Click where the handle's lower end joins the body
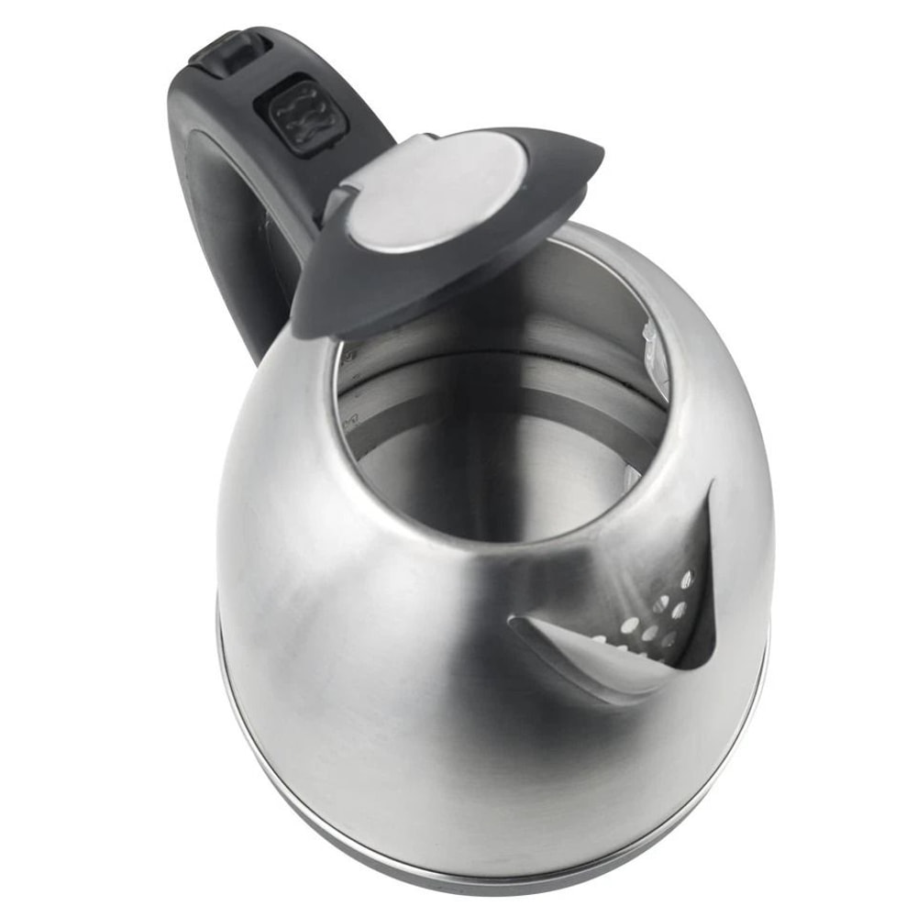click(x=266, y=348)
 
